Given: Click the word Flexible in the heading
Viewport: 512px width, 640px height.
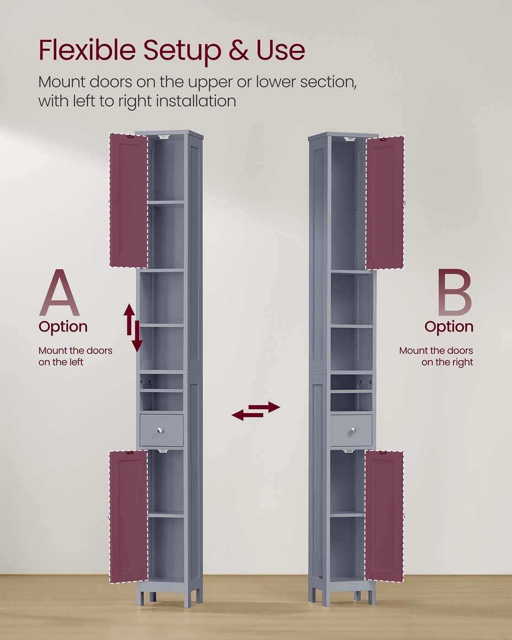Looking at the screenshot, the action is pyautogui.click(x=87, y=50).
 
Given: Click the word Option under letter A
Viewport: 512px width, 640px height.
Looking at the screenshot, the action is pyautogui.click(x=63, y=327).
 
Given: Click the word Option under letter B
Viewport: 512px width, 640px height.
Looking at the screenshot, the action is pyautogui.click(x=448, y=327).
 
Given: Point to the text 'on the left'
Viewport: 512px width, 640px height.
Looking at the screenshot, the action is pyautogui.click(x=61, y=362).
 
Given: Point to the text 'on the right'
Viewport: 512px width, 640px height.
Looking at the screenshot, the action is pyautogui.click(x=447, y=362).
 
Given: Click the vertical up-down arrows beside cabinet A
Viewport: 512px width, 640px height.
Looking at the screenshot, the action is pyautogui.click(x=133, y=328).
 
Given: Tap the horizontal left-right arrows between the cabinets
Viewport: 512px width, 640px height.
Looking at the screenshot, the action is pyautogui.click(x=256, y=411).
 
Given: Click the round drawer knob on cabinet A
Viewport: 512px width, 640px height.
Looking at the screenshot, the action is pyautogui.click(x=160, y=430).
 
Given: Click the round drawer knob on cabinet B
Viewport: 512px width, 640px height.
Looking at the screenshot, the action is pyautogui.click(x=353, y=430).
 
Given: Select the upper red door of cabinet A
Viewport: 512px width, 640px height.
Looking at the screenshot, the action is pyautogui.click(x=128, y=200).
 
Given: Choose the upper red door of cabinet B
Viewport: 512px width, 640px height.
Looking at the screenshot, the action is pyautogui.click(x=385, y=203).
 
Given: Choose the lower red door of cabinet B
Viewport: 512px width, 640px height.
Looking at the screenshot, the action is pyautogui.click(x=384, y=517).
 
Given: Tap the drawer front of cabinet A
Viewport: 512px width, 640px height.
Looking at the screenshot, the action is pyautogui.click(x=161, y=430).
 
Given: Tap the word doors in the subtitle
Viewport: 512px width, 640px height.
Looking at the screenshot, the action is pyautogui.click(x=111, y=82).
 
